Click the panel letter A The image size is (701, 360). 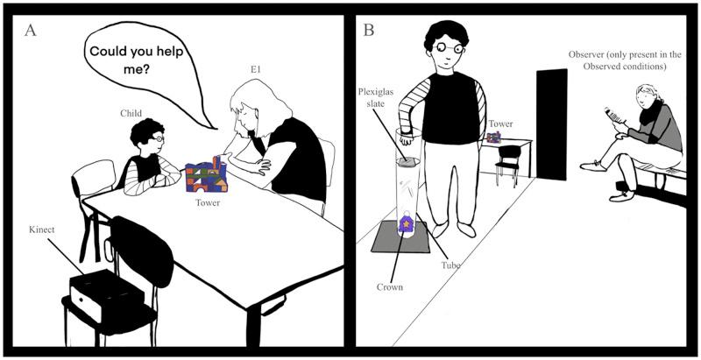coord(31,32)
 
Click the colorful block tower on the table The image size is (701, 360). coord(208,174)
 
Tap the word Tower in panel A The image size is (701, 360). coord(209,203)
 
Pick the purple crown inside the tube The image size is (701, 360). coord(407,223)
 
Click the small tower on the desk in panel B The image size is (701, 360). coord(493,138)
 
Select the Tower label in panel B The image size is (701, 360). coord(500,124)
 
